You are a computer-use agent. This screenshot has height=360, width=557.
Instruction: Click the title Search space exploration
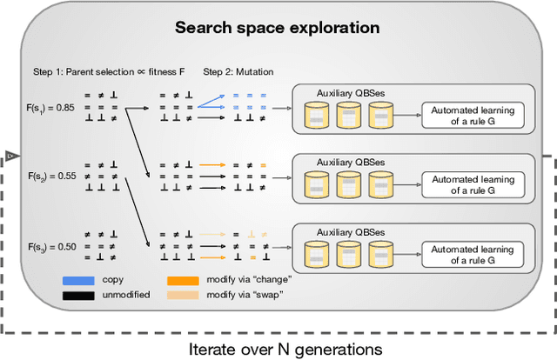[x=277, y=27]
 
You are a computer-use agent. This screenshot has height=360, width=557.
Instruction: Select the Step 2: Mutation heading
[x=236, y=71]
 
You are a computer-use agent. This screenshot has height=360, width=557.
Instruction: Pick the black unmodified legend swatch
[x=78, y=296]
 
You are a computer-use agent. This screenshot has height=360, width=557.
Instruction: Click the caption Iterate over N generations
[x=284, y=348]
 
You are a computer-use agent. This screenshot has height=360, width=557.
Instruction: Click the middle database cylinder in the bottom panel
[x=347, y=255]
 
